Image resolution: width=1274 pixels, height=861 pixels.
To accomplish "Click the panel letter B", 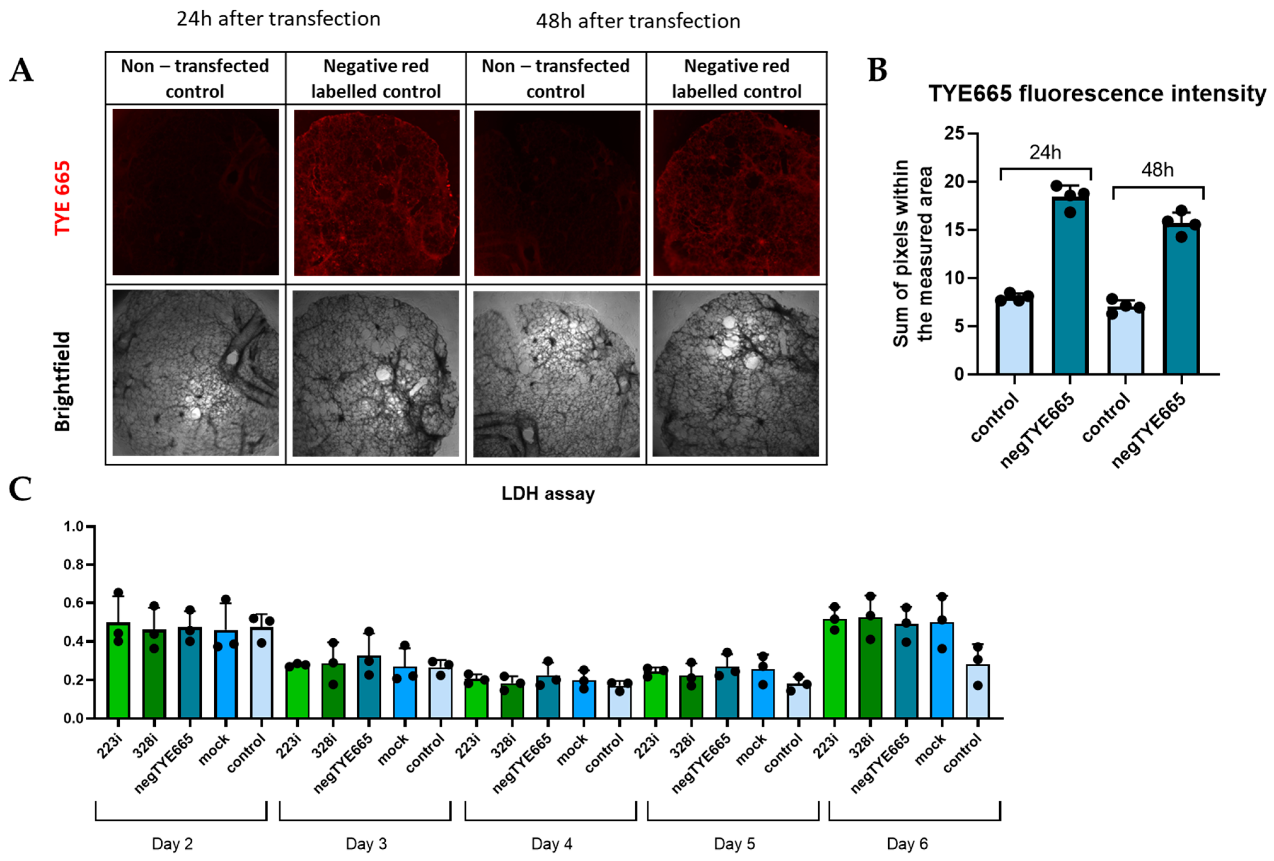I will pos(878,71).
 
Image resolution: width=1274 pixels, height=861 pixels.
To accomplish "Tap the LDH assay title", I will pos(548,494).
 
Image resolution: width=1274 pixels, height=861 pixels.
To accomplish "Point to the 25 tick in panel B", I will pos(954,133).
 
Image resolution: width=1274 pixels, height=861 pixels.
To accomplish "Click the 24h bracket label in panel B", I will pos(1045,152).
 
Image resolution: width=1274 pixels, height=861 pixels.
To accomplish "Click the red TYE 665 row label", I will pos(62,197).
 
